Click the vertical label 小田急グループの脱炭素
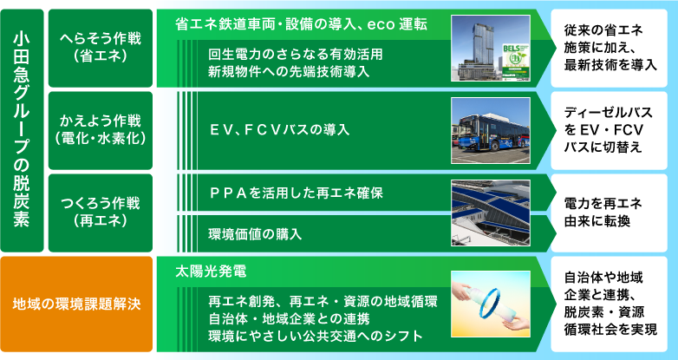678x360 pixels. coord(22,130)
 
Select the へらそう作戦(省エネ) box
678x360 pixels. coord(101,48)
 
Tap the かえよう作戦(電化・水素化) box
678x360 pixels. coord(101,130)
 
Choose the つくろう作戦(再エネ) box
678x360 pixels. coord(101,213)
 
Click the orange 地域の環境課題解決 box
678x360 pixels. coord(76,304)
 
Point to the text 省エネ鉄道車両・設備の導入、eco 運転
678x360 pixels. coord(302,24)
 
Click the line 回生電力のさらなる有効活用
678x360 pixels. coord(296,55)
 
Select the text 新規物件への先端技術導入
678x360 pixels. coord(289,71)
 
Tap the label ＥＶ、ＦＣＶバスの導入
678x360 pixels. coord(279,130)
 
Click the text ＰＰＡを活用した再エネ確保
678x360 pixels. coord(296,193)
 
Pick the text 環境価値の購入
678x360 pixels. coord(255,234)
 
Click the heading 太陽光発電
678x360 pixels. coord(211,272)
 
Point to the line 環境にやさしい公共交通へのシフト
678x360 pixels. coord(316,337)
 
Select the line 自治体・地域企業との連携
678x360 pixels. coord(289,319)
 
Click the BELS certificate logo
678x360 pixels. coord(515,62)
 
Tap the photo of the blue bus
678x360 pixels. coord(491,131)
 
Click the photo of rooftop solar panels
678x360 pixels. coord(491,213)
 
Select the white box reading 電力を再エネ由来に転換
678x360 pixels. coord(610,213)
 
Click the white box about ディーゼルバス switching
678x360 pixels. coord(610,130)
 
